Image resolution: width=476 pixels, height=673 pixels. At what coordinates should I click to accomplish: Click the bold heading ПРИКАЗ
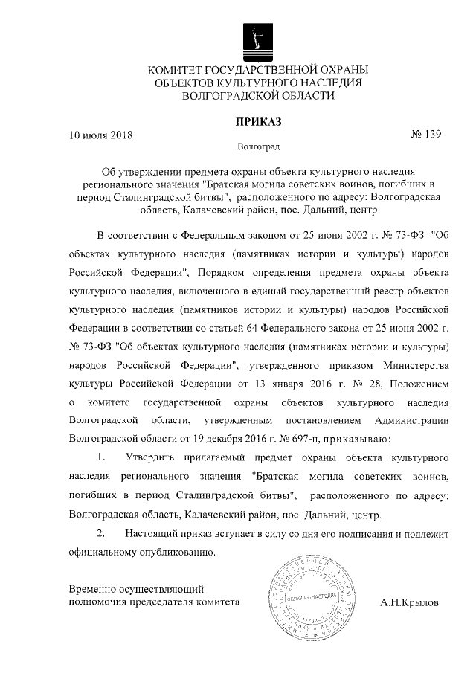258,121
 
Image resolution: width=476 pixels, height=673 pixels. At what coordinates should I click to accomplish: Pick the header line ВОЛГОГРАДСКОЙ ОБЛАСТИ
258,96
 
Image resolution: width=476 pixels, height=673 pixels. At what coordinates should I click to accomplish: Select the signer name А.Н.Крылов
409,602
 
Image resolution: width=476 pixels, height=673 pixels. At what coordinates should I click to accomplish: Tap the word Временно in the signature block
92,587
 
